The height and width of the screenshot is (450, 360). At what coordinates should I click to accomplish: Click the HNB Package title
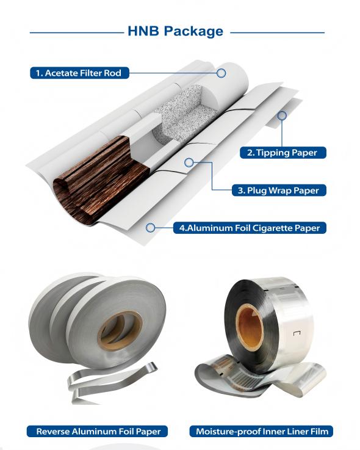click(x=175, y=31)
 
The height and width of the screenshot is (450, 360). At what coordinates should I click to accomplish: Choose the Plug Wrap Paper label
click(x=279, y=191)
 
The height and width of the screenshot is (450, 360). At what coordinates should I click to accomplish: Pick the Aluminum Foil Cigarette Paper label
click(x=250, y=228)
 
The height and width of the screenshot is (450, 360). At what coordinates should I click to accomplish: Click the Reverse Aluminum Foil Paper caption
click(x=97, y=431)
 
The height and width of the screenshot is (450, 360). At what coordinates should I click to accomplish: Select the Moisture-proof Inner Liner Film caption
click(x=261, y=431)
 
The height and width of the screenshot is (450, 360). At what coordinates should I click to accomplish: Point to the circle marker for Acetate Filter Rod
click(x=221, y=73)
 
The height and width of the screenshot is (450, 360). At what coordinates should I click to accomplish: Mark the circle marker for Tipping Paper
click(x=282, y=115)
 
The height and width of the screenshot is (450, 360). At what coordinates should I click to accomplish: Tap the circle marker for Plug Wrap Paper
click(x=189, y=163)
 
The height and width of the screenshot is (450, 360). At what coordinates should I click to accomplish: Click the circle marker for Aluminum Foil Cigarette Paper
click(x=150, y=228)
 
